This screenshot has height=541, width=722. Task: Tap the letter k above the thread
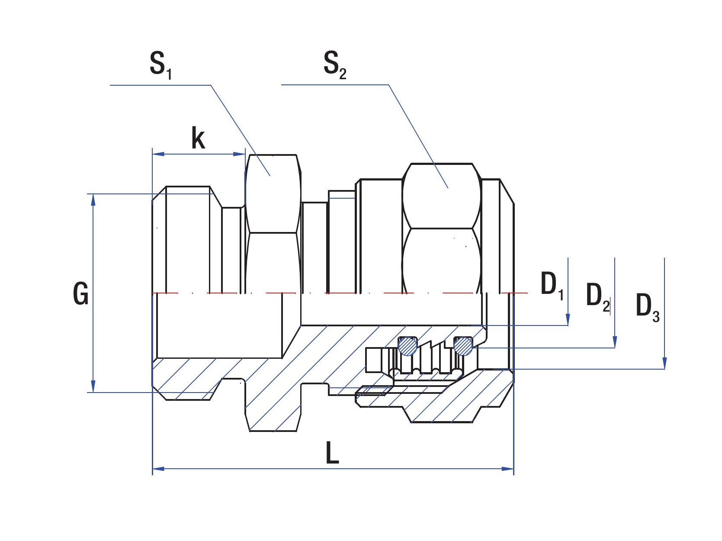pyautogui.click(x=198, y=138)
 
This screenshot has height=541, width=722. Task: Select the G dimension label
pyautogui.click(x=81, y=293)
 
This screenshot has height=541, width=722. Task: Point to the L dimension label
pyautogui.click(x=332, y=453)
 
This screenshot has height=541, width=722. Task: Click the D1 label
pyautogui.click(x=552, y=286)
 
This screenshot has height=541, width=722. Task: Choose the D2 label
pyautogui.click(x=597, y=296)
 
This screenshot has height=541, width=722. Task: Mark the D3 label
pyautogui.click(x=647, y=306)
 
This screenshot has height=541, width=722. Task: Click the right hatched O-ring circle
pyautogui.click(x=463, y=346)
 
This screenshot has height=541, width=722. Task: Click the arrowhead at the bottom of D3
pyautogui.click(x=664, y=364)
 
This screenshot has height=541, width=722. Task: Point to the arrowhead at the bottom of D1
pyautogui.click(x=568, y=320)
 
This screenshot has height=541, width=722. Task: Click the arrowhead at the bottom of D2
pyautogui.click(x=615, y=342)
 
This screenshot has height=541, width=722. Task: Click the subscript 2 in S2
pyautogui.click(x=343, y=74)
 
